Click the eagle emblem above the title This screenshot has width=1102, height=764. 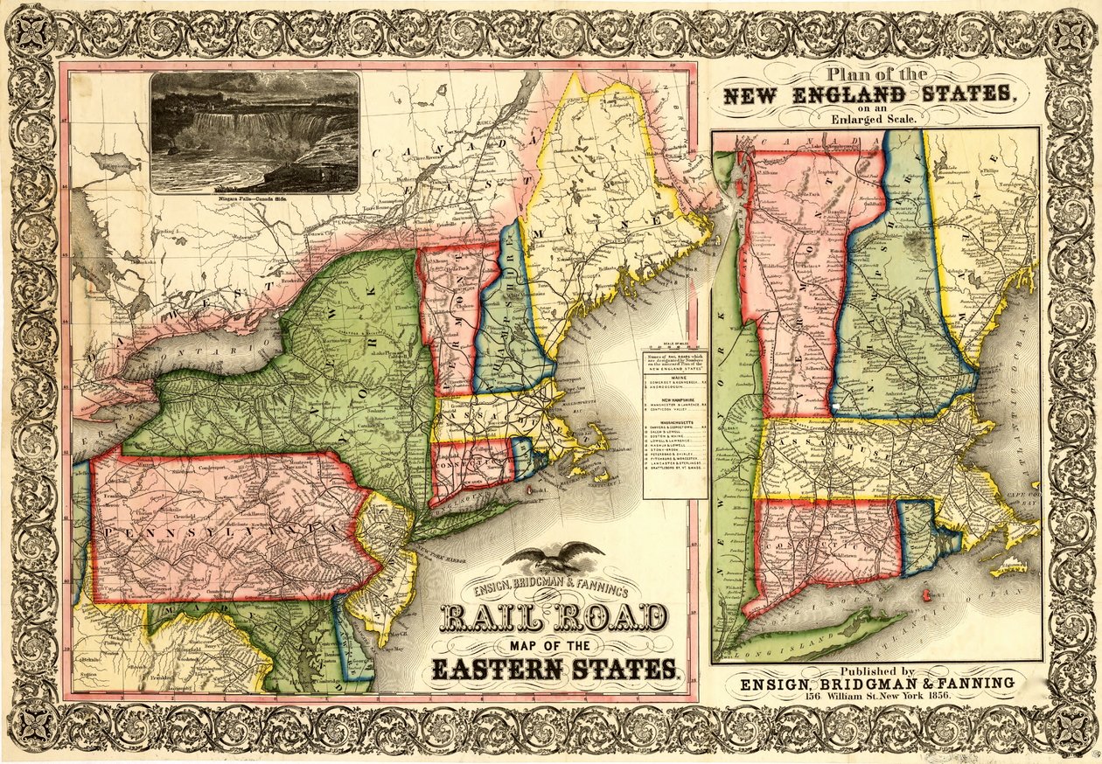tap(554, 557)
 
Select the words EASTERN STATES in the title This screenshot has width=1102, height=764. tap(554, 670)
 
